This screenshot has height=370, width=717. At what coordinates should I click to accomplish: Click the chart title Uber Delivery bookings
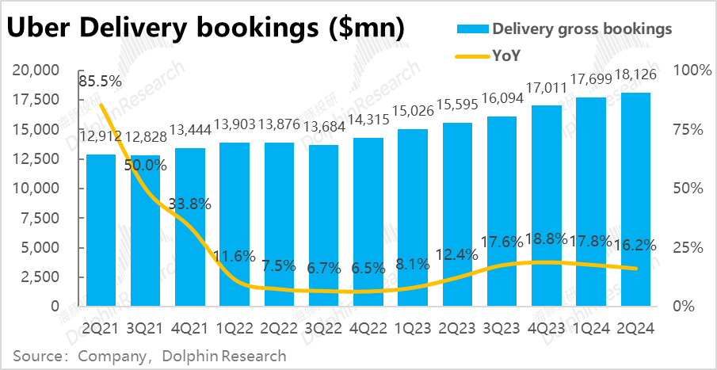206,29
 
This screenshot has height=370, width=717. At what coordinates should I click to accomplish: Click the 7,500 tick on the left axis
43,218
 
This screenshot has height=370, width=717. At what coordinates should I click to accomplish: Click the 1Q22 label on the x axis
235,329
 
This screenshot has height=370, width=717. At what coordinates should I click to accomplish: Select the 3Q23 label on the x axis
502,329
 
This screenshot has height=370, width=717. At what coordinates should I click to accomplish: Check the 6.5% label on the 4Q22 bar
368,268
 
